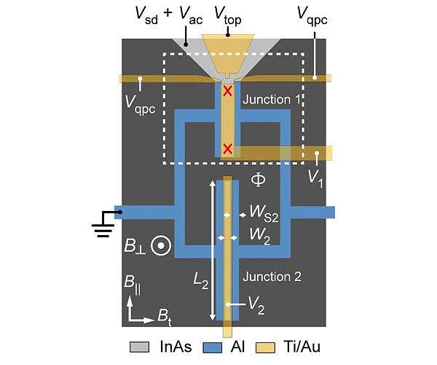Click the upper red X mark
click(227, 91)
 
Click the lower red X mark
click(227, 150)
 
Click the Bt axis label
click(165, 316)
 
